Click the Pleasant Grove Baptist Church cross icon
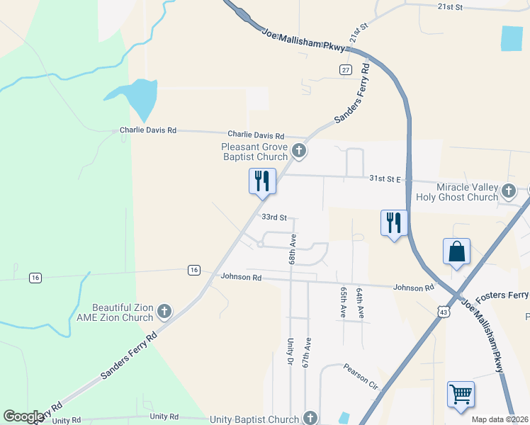pyautogui.click(x=299, y=150)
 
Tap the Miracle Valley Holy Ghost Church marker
pyautogui.click(x=509, y=191)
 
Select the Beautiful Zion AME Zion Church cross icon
pyautogui.click(x=164, y=311)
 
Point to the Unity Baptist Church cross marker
pyautogui.click(x=310, y=418)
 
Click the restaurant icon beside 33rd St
pyautogui.click(x=262, y=181)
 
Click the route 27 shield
pyautogui.click(x=345, y=69)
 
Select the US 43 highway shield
pyautogui.click(x=444, y=311)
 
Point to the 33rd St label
pyautogui.click(x=274, y=217)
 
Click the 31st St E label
pyautogui.click(x=385, y=178)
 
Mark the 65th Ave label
pyautogui.click(x=344, y=302)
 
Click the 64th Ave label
pyautogui.click(x=360, y=302)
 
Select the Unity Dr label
pyautogui.click(x=291, y=352)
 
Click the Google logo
pyautogui.click(x=24, y=416)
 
